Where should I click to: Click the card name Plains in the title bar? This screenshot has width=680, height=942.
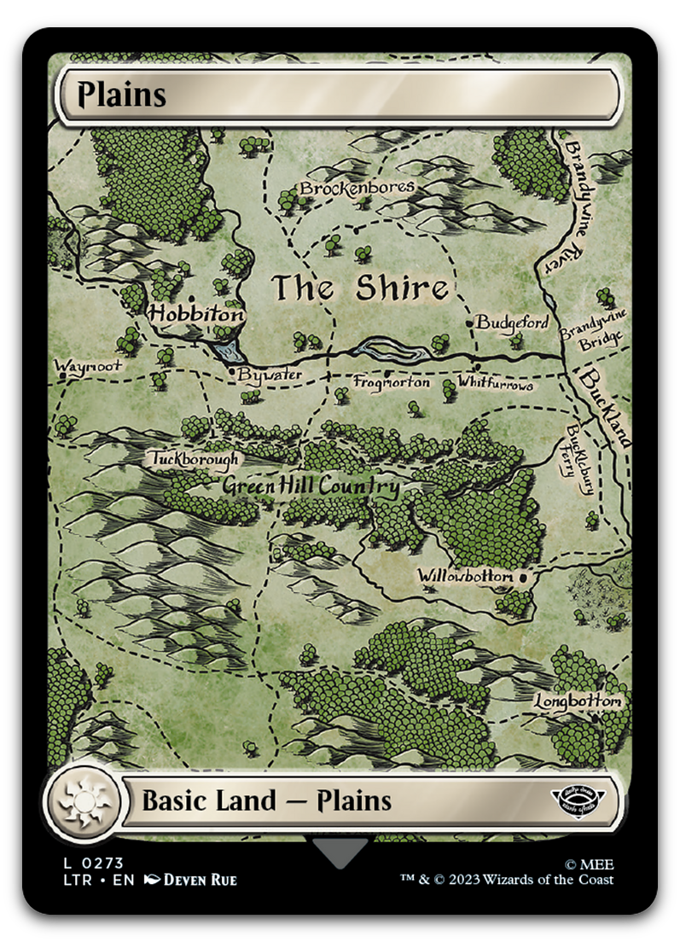tap(121, 94)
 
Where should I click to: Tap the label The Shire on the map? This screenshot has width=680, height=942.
tap(360, 288)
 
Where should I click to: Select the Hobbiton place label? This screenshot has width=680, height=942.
tap(196, 314)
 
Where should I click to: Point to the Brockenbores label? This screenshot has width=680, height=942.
tap(357, 187)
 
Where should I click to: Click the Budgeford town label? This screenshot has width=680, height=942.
tap(512, 323)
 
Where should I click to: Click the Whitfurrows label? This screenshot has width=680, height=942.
tap(495, 384)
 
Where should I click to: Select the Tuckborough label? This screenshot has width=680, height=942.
tap(195, 459)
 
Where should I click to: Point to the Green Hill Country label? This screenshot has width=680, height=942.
tap(311, 487)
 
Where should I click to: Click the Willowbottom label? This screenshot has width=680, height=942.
tap(466, 577)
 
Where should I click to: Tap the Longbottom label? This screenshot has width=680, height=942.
tap(578, 701)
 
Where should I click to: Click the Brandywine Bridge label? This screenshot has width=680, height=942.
tap(593, 327)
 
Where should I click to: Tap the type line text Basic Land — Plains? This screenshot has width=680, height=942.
tap(266, 801)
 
